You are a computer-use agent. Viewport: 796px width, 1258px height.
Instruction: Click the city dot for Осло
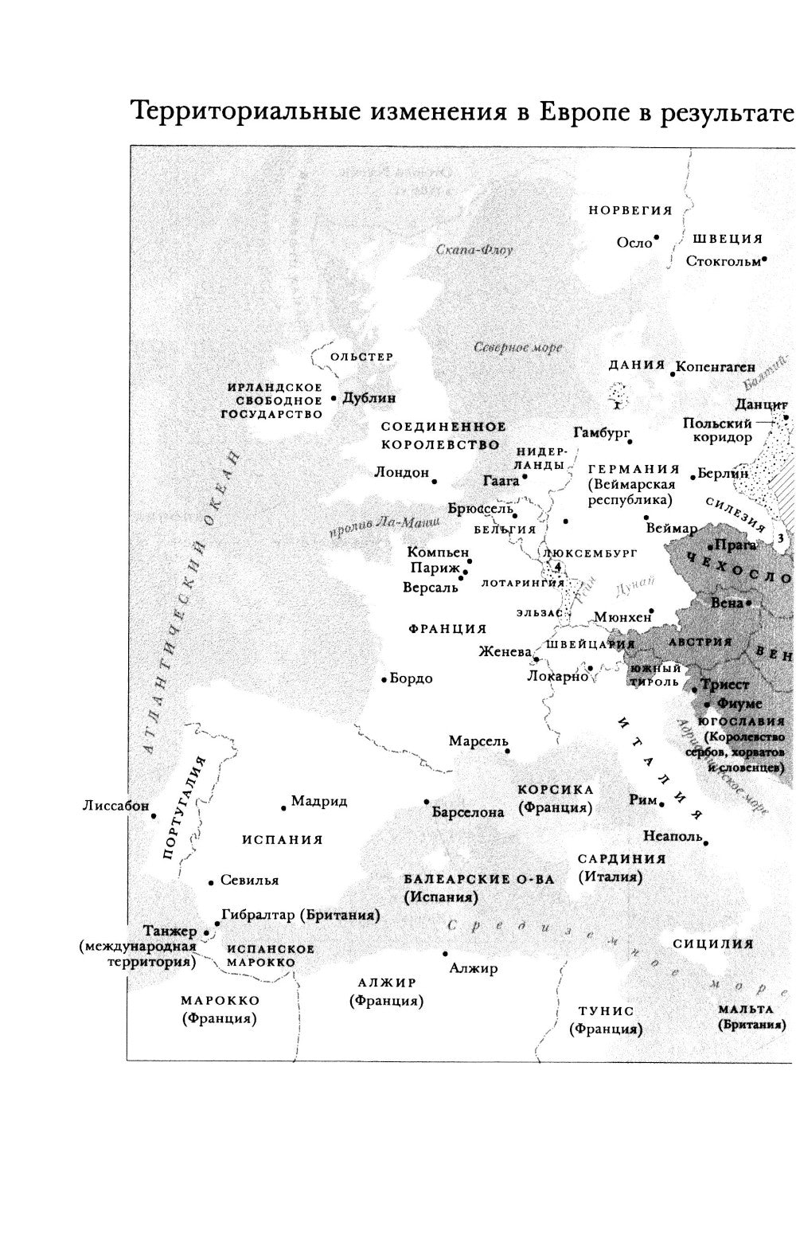click(657, 237)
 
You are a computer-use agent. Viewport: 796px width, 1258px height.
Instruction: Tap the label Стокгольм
click(723, 260)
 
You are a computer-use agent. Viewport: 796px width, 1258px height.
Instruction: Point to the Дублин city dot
click(334, 397)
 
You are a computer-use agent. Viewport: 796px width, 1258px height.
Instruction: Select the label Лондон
click(402, 472)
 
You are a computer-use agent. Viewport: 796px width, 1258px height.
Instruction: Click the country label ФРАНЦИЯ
click(447, 629)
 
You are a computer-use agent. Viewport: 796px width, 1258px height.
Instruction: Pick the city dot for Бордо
click(384, 680)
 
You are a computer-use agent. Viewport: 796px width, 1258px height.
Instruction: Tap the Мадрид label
click(318, 800)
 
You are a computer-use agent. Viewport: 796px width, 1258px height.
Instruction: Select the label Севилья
click(249, 881)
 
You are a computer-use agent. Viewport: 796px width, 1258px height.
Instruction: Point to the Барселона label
click(468, 812)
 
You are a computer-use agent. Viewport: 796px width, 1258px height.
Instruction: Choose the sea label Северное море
click(517, 348)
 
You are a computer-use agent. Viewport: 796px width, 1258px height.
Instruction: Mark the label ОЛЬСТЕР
click(361, 357)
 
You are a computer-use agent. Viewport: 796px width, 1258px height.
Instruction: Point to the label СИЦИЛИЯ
click(713, 944)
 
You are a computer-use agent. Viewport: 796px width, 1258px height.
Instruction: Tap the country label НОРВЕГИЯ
click(630, 210)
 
